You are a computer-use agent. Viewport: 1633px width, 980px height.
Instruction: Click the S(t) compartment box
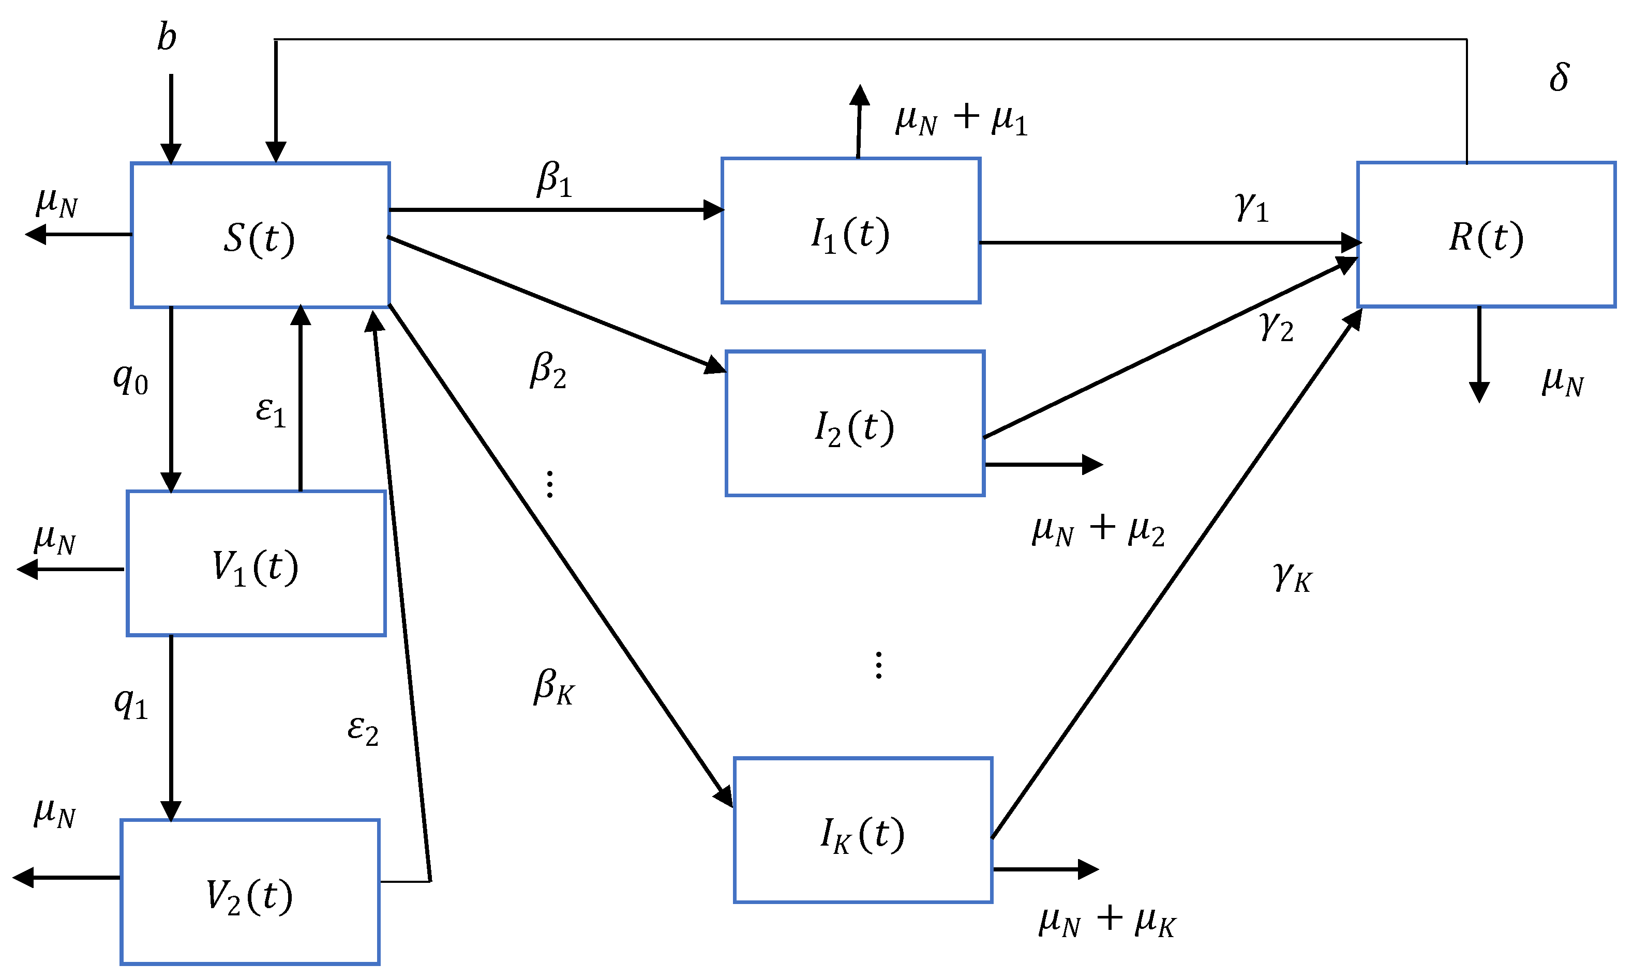(260, 235)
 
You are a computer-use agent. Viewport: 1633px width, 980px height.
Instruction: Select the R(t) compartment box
(1486, 235)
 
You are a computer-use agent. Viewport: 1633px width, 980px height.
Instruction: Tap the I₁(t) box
(850, 231)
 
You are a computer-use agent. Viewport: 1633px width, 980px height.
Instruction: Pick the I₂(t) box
(855, 424)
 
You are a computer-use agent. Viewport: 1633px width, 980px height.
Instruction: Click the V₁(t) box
(256, 564)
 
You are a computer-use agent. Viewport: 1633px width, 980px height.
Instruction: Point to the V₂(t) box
(250, 893)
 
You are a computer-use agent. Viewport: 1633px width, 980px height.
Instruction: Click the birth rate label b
(167, 37)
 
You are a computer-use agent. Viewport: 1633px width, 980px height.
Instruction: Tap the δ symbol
(1559, 78)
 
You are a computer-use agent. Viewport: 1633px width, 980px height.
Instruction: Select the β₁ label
(554, 179)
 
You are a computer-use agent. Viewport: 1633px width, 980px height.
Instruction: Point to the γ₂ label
(1276, 326)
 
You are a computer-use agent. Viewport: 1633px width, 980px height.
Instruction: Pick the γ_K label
(1292, 577)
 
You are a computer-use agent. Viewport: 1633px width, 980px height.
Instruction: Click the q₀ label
(130, 380)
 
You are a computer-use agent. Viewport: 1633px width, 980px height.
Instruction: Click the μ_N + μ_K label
(1107, 921)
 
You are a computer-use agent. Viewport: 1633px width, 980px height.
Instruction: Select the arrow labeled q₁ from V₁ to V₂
(171, 726)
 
